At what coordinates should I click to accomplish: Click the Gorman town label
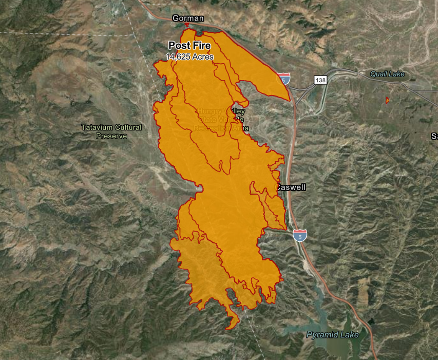[x=188, y=18]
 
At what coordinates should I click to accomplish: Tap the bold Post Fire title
[x=189, y=46]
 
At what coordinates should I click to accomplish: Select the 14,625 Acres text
[x=189, y=57]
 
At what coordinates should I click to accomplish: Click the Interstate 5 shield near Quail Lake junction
[x=283, y=79]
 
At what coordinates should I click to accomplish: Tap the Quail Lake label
[x=387, y=74]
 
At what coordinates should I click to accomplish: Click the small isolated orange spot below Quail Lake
[x=387, y=100]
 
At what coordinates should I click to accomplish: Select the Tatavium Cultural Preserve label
[x=111, y=131]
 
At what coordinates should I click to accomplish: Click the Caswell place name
[x=291, y=187]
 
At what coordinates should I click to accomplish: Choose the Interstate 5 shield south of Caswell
[x=300, y=235]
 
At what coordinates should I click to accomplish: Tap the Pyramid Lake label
[x=333, y=335]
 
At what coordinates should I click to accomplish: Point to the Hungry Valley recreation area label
[x=221, y=119]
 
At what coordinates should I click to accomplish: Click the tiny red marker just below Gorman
[x=187, y=25]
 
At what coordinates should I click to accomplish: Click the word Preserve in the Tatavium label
[x=111, y=136]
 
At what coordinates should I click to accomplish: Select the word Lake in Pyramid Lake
[x=349, y=335]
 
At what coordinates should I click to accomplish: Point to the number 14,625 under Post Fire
[x=178, y=57]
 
